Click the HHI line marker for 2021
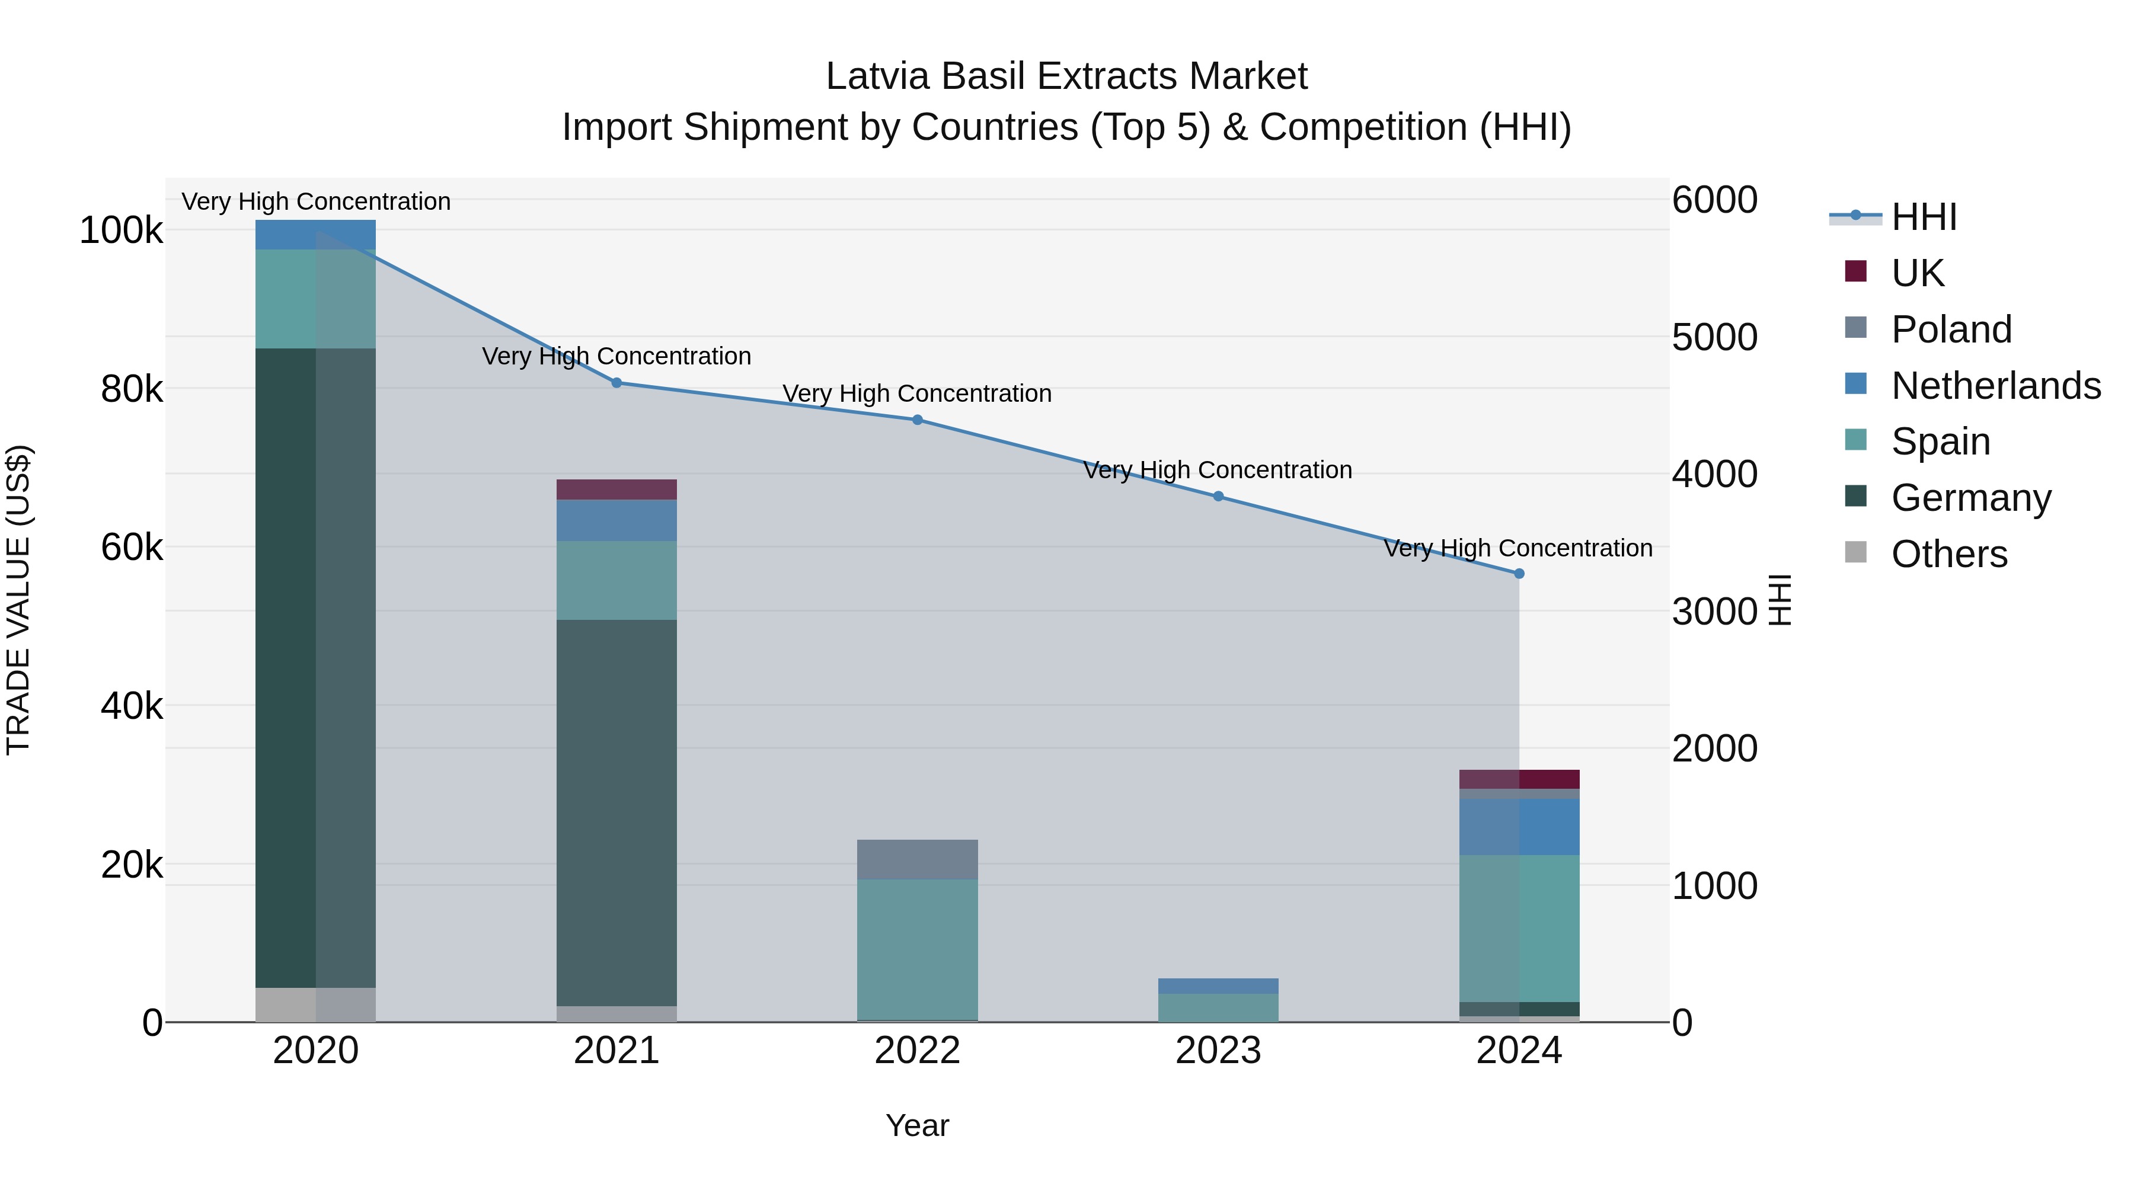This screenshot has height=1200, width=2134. [x=616, y=383]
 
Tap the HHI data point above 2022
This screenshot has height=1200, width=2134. [x=917, y=420]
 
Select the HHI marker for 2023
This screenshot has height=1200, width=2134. [x=1218, y=496]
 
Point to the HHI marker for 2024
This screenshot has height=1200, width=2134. [x=1519, y=573]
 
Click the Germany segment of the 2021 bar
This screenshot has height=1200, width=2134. [x=616, y=812]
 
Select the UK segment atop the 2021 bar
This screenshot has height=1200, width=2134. [x=616, y=489]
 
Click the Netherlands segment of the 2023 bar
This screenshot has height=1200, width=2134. [x=1218, y=985]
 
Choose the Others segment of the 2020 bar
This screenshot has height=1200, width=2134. [x=315, y=1004]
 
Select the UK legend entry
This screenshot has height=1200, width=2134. [x=1917, y=273]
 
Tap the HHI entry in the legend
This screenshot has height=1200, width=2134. [x=1924, y=217]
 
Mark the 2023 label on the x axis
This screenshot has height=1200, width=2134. [x=1218, y=1051]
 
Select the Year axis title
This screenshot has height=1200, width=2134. [x=917, y=1125]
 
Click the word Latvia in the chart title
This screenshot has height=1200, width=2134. [x=877, y=76]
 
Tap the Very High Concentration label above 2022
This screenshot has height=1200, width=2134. [x=917, y=393]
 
